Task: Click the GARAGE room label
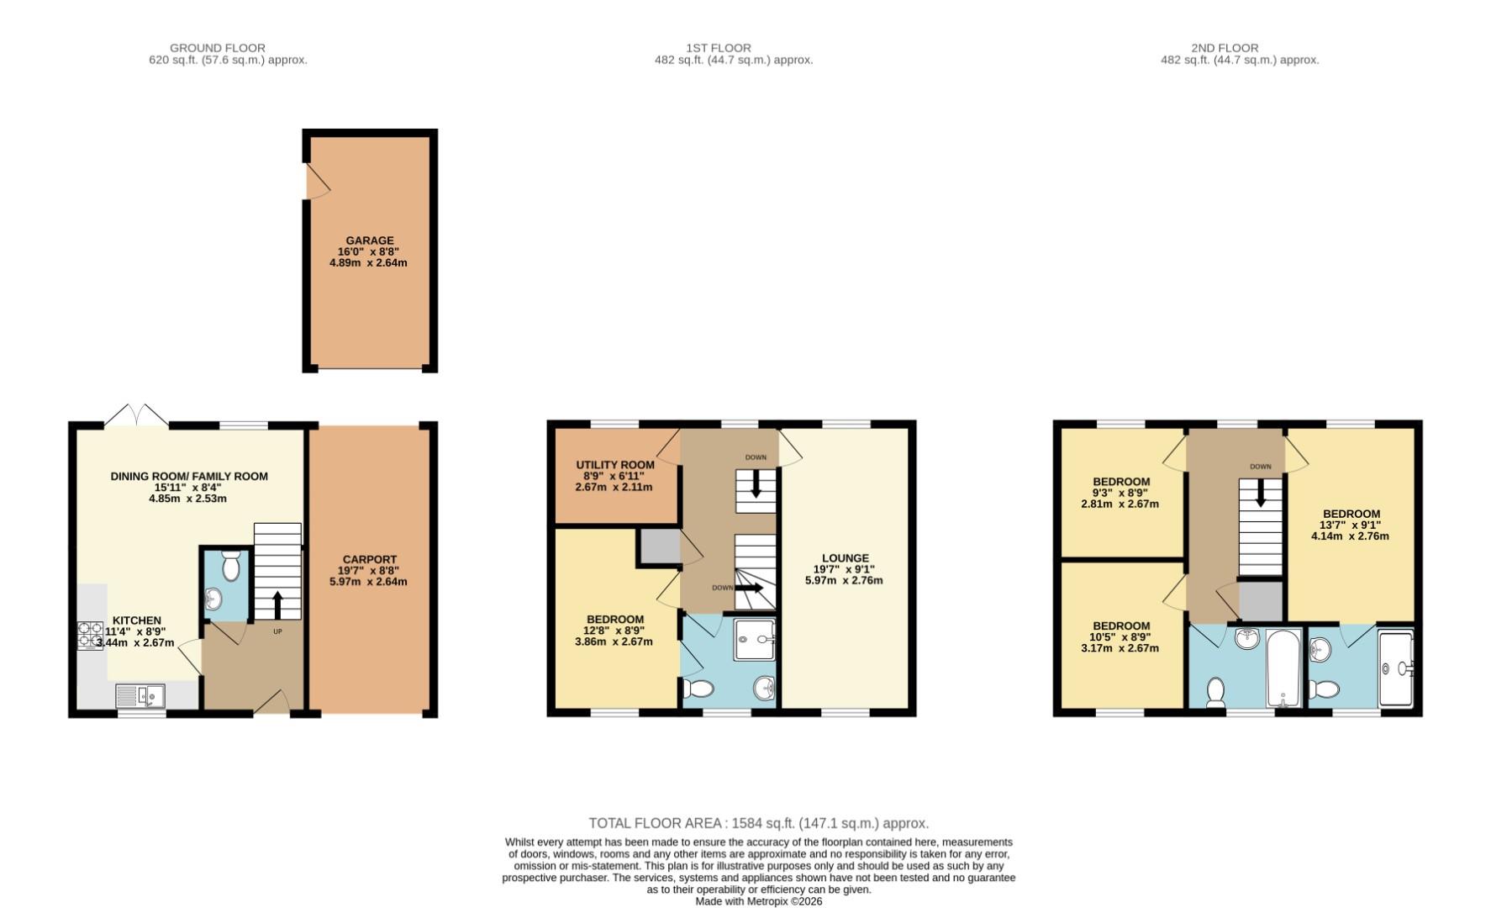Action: [x=369, y=240]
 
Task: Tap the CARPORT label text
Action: [x=369, y=559]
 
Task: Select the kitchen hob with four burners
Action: [x=90, y=635]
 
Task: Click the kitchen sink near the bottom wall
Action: [x=140, y=696]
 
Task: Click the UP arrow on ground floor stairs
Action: [x=277, y=604]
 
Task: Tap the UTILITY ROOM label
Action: [x=614, y=465]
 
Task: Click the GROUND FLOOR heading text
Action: [x=217, y=48]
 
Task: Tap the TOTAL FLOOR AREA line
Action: [x=758, y=823]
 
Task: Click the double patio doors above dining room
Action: [x=136, y=414]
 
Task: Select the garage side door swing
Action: [x=316, y=181]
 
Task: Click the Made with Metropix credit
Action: [x=758, y=901]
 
